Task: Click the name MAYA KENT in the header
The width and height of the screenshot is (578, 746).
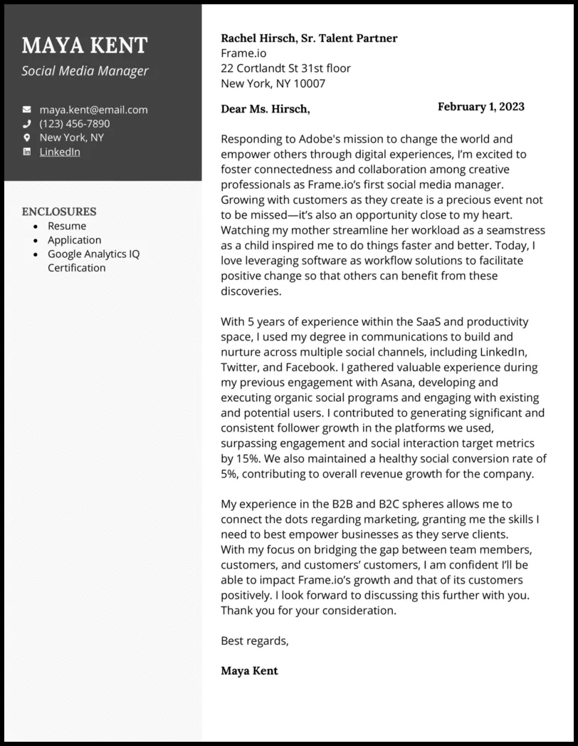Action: [x=84, y=46]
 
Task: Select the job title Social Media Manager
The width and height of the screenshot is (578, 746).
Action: [x=85, y=71]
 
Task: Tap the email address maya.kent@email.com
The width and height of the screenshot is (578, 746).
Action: [x=93, y=110]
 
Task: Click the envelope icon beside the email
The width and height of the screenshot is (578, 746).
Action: [x=27, y=110]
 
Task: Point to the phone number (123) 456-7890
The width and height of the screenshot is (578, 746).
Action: [x=74, y=123]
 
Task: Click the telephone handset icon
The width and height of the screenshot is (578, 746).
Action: [x=27, y=123]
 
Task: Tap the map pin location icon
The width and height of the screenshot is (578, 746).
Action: [x=27, y=138]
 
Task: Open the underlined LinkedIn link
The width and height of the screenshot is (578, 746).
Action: [x=60, y=152]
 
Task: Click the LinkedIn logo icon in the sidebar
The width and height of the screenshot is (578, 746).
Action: [x=27, y=152]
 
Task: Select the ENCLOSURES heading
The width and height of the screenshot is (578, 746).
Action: [x=59, y=212]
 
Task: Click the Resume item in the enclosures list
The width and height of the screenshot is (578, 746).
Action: [x=67, y=226]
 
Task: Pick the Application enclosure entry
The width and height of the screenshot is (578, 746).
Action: [x=74, y=240]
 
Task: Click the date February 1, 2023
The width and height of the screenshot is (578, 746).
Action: [x=480, y=107]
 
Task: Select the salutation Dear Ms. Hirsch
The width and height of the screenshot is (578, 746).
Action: [x=265, y=109]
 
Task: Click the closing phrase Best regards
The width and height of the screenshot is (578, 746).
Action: [x=255, y=641]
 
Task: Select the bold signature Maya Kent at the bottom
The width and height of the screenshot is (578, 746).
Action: [x=249, y=670]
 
